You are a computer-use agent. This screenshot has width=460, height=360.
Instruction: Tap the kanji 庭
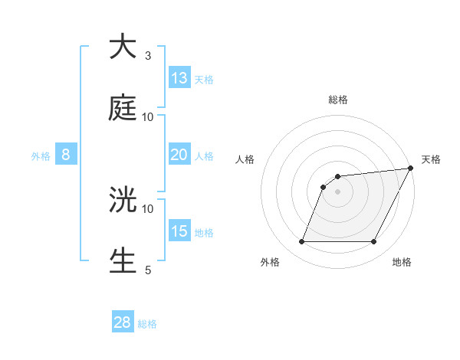123,108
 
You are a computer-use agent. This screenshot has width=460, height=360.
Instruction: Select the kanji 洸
123,199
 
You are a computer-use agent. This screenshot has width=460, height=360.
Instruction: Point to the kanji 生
123,260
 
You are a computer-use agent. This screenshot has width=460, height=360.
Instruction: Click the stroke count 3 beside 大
148,56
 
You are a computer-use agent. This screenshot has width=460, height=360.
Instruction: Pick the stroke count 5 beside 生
148,270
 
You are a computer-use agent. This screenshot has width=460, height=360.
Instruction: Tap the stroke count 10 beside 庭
148,116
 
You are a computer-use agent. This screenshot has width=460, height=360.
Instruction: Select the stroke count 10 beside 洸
148,208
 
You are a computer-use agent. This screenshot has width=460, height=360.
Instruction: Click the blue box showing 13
179,78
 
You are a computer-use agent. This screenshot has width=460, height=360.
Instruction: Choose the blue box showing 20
179,155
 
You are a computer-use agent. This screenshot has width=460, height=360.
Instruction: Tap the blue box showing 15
179,231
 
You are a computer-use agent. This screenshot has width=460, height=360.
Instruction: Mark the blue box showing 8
66,155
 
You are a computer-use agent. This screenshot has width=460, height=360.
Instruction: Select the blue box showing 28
123,322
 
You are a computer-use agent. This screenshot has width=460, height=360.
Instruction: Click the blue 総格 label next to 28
147,324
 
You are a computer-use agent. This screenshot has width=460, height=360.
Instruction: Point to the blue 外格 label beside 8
41,156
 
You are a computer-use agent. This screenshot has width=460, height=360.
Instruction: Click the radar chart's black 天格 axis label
431,159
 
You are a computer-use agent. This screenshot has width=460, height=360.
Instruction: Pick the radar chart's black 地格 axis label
402,263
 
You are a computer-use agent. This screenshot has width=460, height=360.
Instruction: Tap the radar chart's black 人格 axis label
245,159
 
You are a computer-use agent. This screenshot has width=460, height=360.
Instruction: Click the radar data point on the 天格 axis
410,169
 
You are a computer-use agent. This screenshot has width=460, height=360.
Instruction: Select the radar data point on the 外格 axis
301,242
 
